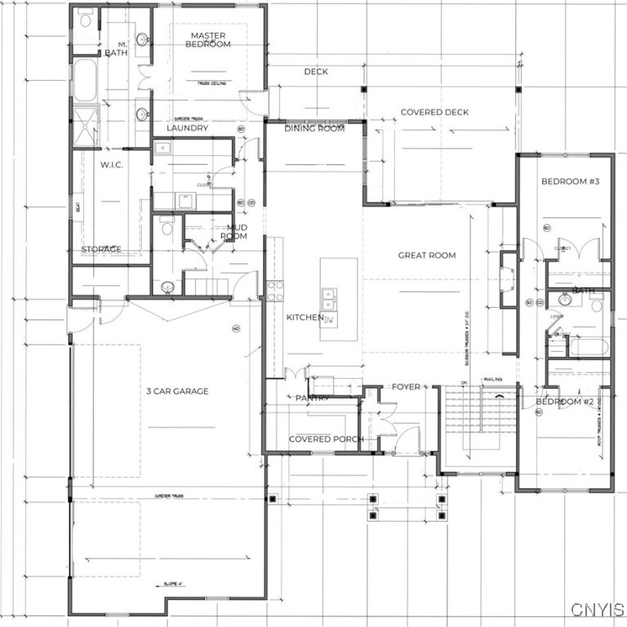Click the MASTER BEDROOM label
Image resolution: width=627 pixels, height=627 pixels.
pos(208,39)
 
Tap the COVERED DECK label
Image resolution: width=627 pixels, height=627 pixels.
pos(434,112)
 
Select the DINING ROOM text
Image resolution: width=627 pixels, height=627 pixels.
pos(314,128)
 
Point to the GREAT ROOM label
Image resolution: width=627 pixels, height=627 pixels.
pos(426,256)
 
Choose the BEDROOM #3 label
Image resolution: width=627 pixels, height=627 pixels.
pos(571,181)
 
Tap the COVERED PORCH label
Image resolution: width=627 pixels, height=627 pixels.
pos(326,439)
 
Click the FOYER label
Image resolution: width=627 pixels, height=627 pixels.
pos(406,386)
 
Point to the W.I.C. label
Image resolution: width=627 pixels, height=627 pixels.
pos(111,165)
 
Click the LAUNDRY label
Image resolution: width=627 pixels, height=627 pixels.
pos(187,128)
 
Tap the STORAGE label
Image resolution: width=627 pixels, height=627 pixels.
pos(101,249)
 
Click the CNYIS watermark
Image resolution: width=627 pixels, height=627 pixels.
pos(598,610)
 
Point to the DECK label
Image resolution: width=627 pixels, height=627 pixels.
pos(316,72)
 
